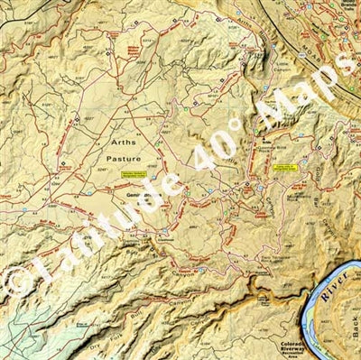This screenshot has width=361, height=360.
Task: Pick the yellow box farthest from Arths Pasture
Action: [x=286, y=167]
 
